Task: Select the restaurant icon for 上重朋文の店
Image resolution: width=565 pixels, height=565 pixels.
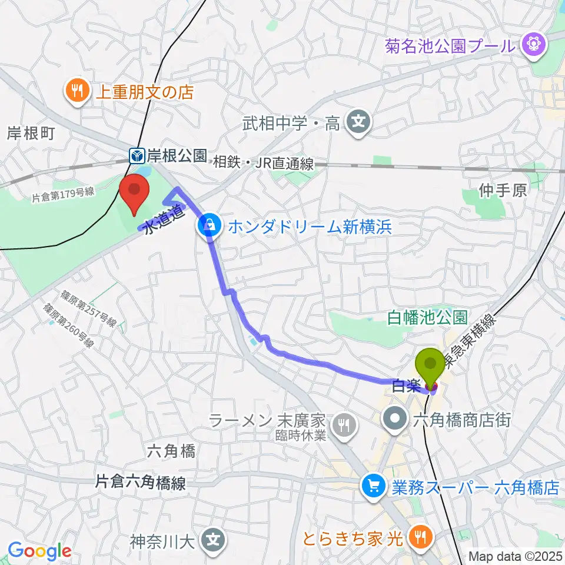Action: [x=77, y=91]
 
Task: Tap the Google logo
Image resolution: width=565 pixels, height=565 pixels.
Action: [x=39, y=551]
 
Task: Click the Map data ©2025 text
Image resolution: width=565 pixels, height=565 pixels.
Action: [x=516, y=556]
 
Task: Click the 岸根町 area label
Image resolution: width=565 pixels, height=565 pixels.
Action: [x=30, y=134]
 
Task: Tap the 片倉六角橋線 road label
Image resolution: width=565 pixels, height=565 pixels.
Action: [x=141, y=483]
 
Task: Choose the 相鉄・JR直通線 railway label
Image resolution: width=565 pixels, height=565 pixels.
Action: [x=264, y=163]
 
